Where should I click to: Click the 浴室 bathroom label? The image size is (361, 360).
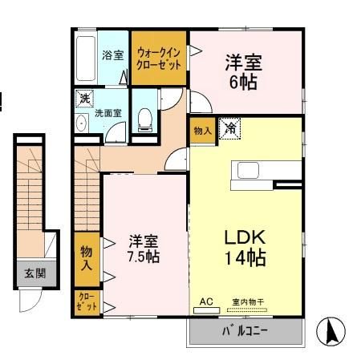pyautogui.click(x=113, y=55)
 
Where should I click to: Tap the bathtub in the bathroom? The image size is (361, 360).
pyautogui.click(x=86, y=59)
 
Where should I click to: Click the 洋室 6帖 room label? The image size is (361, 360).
pyautogui.click(x=244, y=71)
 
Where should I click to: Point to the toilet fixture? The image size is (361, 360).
pyautogui.click(x=145, y=120)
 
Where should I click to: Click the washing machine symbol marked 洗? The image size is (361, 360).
pyautogui.click(x=84, y=99)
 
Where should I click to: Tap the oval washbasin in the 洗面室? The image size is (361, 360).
pyautogui.click(x=81, y=123)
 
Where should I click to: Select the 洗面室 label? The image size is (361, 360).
pyautogui.click(x=108, y=113)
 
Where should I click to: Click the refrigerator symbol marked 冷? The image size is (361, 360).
pyautogui.click(x=229, y=128)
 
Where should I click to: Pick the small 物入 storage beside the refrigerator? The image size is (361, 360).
pyautogui.click(x=203, y=131)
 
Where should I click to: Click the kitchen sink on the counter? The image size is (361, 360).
pyautogui.click(x=248, y=171)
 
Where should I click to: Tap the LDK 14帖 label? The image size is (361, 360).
pyautogui.click(x=245, y=248)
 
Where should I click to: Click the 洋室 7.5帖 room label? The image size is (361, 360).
pyautogui.click(x=144, y=249)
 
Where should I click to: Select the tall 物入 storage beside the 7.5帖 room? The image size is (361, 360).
pyautogui.click(x=87, y=259)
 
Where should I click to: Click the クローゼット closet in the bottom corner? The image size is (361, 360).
pyautogui.click(x=87, y=302)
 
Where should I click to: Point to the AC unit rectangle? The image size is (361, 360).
pyautogui.click(x=206, y=310)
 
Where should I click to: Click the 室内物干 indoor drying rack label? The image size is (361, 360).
pyautogui.click(x=248, y=302)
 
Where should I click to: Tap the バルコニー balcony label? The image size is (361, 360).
pyautogui.click(x=245, y=331)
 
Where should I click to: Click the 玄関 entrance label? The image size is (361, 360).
pyautogui.click(x=35, y=273)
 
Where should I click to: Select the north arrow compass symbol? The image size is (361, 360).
pyautogui.click(x=331, y=331)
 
